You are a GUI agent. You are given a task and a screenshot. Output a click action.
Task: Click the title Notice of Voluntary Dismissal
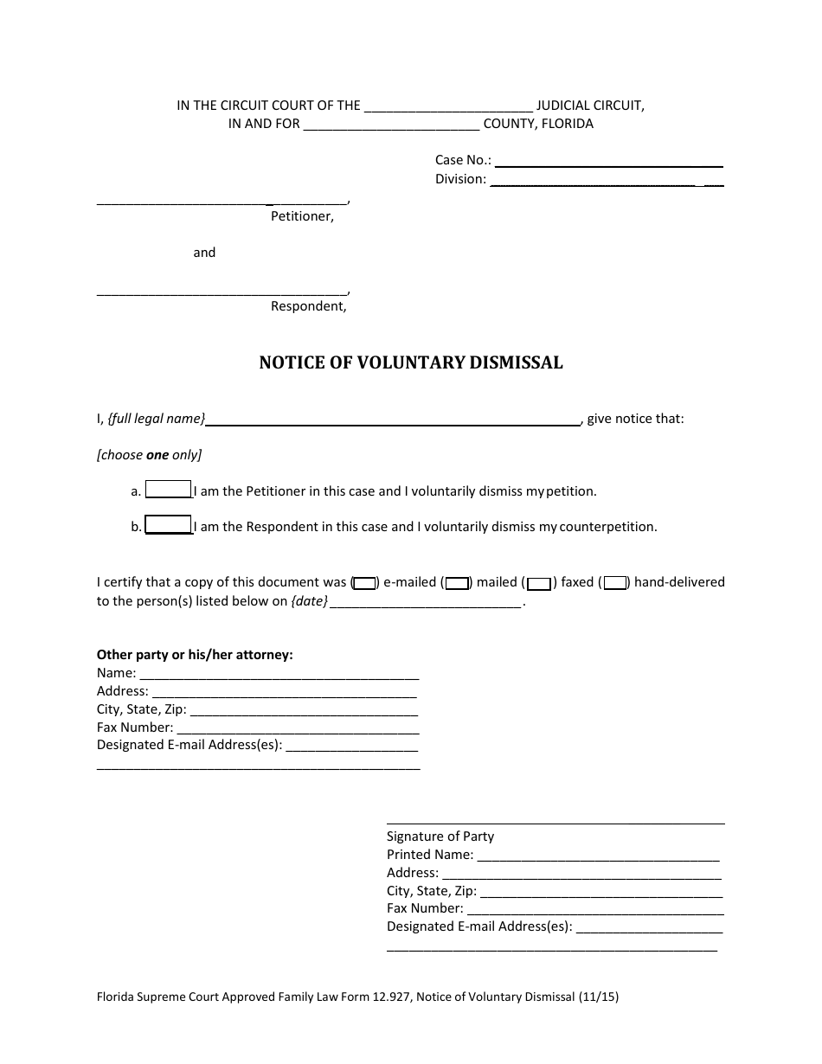[411, 363]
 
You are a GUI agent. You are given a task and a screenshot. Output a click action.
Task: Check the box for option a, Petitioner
[169, 490]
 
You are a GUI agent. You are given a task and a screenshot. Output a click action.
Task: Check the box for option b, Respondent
[169, 525]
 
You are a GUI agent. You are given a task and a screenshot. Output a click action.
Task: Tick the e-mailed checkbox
[365, 583]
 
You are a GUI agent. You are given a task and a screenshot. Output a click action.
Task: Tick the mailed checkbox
[457, 583]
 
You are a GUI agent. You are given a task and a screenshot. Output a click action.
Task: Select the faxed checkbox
[540, 583]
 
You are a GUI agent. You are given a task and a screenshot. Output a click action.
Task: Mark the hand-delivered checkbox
[615, 583]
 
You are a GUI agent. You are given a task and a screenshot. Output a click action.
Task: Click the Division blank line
[606, 180]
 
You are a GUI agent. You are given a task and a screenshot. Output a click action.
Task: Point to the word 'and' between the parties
[204, 253]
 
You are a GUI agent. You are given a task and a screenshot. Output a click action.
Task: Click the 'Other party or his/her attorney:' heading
[195, 655]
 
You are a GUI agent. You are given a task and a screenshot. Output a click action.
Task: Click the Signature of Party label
[440, 836]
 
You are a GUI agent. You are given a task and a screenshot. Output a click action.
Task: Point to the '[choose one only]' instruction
[149, 455]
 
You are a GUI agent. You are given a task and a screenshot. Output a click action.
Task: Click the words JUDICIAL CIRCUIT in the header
[590, 106]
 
